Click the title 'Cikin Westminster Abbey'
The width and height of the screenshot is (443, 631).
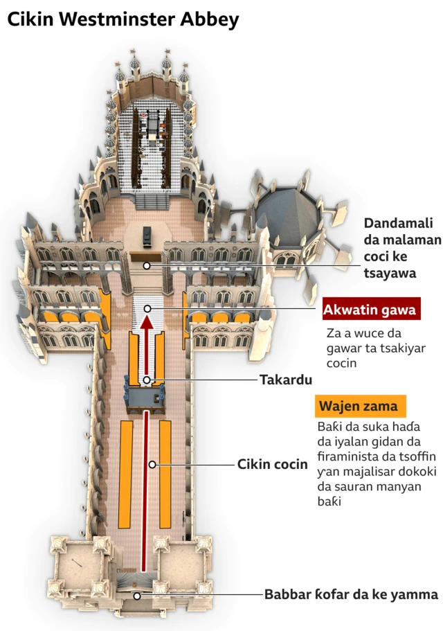pos(123,19)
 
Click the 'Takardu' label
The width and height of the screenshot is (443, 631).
pos(286,380)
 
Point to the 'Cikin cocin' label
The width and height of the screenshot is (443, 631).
pos(272,464)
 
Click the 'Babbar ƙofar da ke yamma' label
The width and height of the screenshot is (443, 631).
pos(351,595)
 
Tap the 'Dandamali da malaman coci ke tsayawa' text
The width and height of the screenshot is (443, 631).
pos(402,248)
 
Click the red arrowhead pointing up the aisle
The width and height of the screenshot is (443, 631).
pos(147,323)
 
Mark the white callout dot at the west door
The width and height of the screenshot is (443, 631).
pos(137,596)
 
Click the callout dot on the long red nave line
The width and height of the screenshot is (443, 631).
pos(152,464)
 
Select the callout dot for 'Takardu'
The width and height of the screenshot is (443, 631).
pos(147,380)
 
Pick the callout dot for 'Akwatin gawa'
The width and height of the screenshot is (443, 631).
pos(147,308)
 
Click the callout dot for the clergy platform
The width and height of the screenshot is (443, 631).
pos(147,265)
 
